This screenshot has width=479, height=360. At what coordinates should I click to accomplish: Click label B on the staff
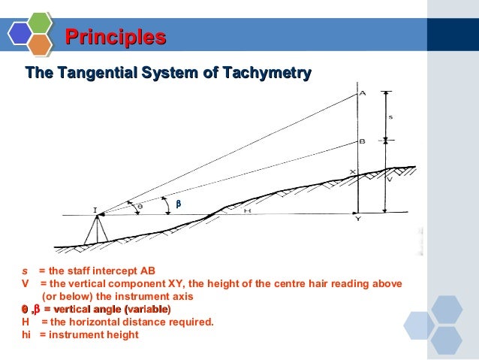point(363,141)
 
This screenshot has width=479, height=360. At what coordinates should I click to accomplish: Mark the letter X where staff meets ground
point(353,172)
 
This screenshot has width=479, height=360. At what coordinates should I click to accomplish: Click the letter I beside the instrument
point(95,211)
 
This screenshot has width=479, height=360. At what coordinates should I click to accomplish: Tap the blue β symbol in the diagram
point(178,204)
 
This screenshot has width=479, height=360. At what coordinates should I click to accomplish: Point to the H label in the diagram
point(247,211)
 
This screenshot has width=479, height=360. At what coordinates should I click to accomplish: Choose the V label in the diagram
point(389,180)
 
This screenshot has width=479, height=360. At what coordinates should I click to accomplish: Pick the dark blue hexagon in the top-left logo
point(20,33)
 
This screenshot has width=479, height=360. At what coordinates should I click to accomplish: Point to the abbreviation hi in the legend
point(27,334)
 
